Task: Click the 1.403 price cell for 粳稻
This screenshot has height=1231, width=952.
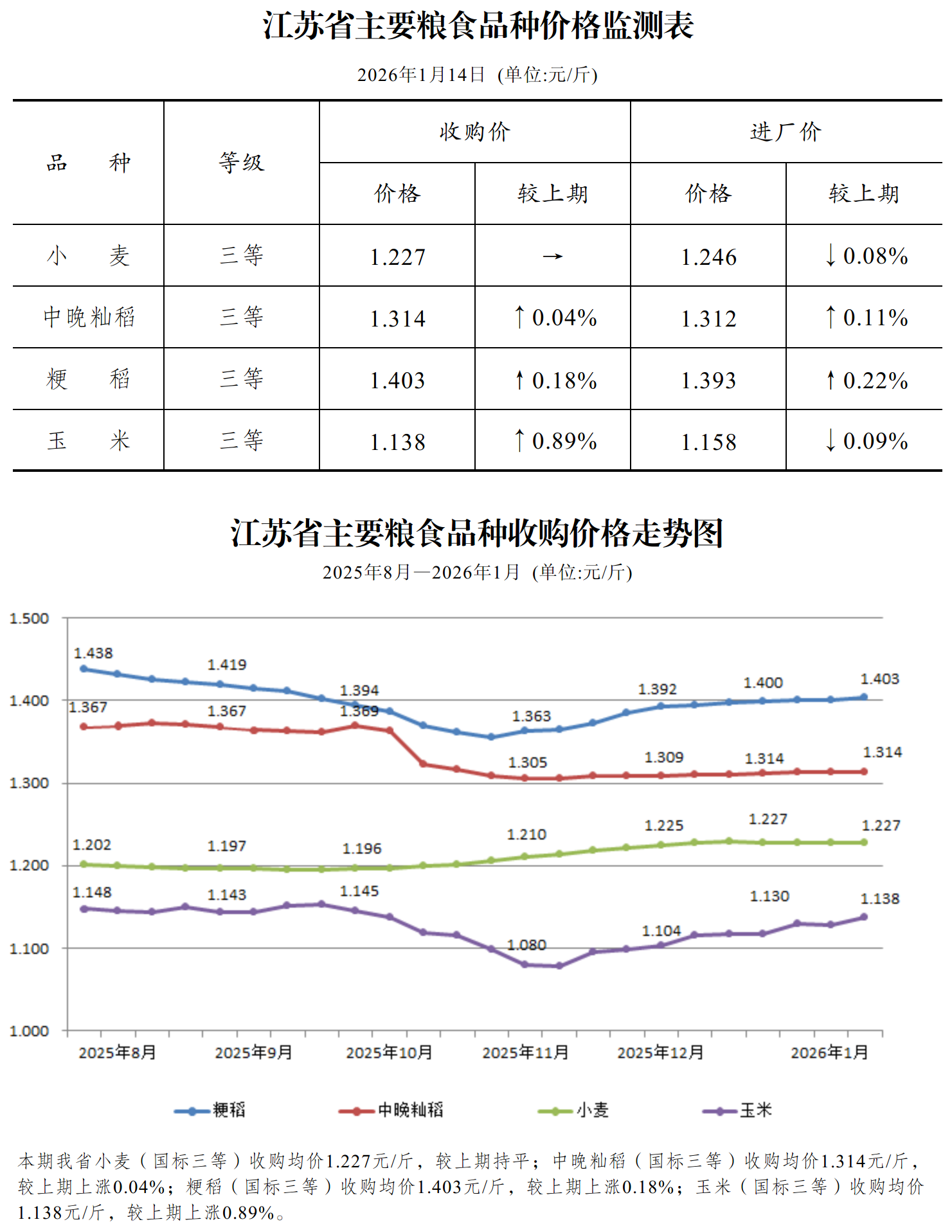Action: tap(397, 381)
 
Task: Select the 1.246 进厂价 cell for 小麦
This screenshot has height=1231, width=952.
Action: tap(708, 257)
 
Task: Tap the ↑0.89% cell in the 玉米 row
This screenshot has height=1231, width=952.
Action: tap(555, 442)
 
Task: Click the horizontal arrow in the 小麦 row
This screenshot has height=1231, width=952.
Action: tap(552, 257)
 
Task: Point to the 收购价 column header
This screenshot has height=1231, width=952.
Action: tap(474, 132)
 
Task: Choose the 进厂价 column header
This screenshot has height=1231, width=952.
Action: tap(786, 132)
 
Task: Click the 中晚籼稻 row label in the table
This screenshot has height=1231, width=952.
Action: tap(89, 318)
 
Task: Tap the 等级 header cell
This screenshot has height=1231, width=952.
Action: tap(241, 163)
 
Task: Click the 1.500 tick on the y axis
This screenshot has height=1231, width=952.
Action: tap(29, 618)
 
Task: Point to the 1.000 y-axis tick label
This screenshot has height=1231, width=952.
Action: tap(29, 1031)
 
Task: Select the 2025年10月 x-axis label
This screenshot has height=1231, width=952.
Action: tap(389, 1053)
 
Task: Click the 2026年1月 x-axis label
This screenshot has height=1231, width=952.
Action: tap(829, 1053)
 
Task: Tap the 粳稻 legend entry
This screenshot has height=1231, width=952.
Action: tap(210, 1110)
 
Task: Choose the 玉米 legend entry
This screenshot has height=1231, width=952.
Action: tap(737, 1110)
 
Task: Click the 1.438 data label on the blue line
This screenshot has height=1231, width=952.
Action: tap(93, 654)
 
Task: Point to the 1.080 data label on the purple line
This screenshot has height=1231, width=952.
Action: tap(526, 945)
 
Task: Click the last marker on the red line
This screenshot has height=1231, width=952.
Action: tap(864, 771)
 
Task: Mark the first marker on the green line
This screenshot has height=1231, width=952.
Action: tap(84, 864)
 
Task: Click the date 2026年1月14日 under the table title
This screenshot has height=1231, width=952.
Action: tap(421, 75)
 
